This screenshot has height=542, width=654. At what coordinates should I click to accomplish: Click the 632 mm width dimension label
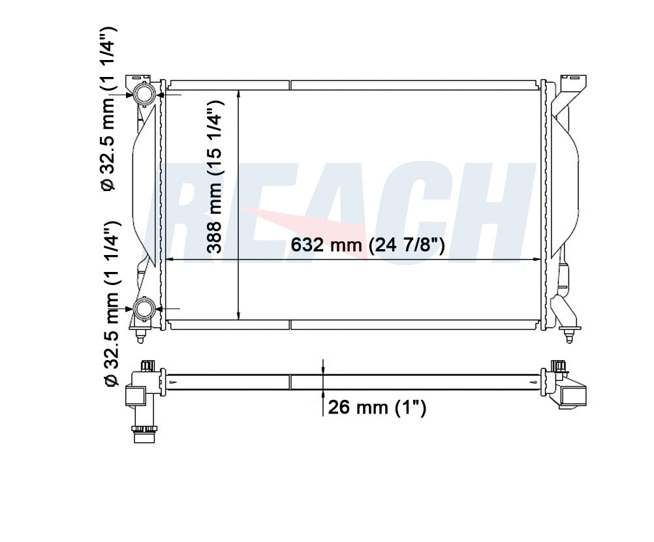367,245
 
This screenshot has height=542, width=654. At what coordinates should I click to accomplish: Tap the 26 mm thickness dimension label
377,407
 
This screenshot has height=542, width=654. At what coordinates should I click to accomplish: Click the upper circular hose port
144,94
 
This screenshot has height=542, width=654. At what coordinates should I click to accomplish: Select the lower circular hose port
144,309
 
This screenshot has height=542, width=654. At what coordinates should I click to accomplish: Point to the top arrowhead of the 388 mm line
238,94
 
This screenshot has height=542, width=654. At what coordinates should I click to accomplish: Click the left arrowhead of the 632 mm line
170,260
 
